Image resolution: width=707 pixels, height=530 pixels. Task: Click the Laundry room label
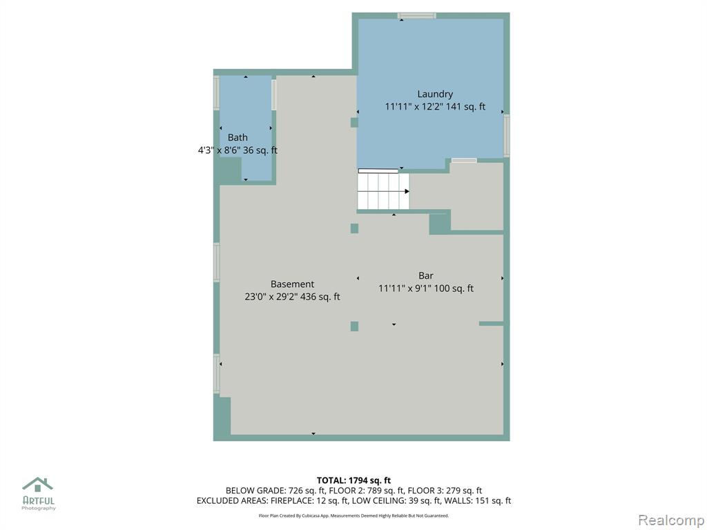(x=435, y=94)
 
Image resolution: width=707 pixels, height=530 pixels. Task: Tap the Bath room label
(x=238, y=137)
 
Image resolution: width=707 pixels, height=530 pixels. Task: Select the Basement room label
(x=292, y=284)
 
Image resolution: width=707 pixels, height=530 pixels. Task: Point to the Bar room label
(x=425, y=275)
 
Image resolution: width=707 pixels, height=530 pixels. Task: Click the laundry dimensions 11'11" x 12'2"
(x=414, y=107)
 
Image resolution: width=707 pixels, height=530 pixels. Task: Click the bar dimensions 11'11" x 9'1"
(x=405, y=288)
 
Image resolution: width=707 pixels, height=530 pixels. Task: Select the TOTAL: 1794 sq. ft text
(x=353, y=480)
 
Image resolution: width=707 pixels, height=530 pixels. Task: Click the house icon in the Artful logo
(x=37, y=484)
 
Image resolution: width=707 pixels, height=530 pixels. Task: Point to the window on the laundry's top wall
(x=416, y=16)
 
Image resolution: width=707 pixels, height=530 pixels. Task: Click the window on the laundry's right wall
(x=506, y=136)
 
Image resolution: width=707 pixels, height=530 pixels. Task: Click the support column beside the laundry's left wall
(x=354, y=123)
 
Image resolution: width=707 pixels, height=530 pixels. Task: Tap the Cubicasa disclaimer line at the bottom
(x=353, y=516)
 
